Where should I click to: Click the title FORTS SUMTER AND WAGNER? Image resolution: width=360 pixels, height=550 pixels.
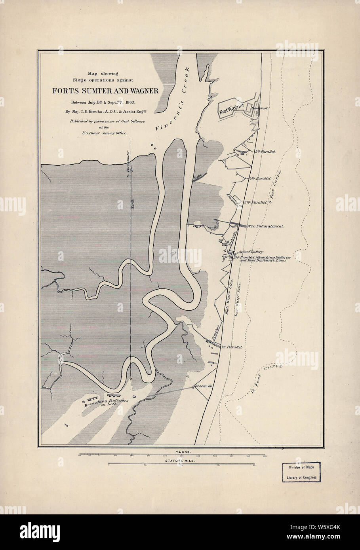pyautogui.click(x=106, y=91)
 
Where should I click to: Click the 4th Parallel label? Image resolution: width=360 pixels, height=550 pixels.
pyautogui.click(x=260, y=178)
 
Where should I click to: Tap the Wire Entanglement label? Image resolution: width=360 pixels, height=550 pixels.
pyautogui.click(x=265, y=226)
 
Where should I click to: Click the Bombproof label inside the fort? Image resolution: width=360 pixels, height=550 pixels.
pyautogui.click(x=257, y=108)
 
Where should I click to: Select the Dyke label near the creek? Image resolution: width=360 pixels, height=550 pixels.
pyautogui.click(x=199, y=176)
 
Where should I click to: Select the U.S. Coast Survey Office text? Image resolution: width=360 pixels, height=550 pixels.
pyautogui.click(x=106, y=134)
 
